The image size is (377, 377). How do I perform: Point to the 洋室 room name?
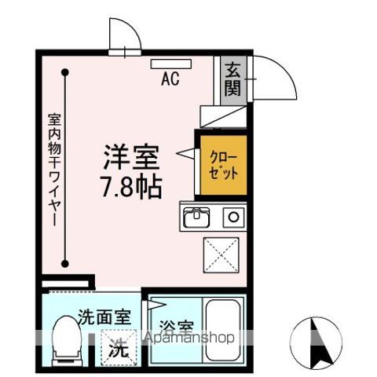[x=132, y=158]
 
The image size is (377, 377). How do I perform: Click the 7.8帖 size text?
[x=132, y=186]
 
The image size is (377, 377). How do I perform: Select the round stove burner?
[x=232, y=216]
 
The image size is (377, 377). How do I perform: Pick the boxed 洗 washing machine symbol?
[x=116, y=349]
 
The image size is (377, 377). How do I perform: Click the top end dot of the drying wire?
[x=67, y=72]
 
